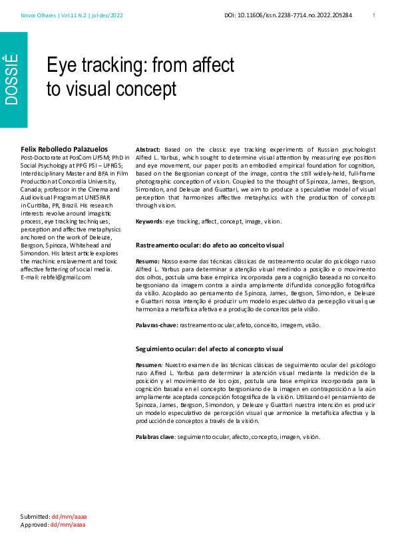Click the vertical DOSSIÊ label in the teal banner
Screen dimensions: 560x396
(x=11, y=79)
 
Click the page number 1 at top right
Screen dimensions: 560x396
(x=373, y=15)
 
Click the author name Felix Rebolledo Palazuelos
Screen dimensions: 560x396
(x=64, y=149)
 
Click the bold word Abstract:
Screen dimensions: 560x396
(x=148, y=150)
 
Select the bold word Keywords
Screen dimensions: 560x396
(x=148, y=221)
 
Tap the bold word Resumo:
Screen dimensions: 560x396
(x=147, y=262)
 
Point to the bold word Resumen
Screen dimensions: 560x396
(x=147, y=365)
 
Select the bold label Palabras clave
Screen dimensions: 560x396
(x=155, y=436)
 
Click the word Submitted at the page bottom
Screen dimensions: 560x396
(x=35, y=516)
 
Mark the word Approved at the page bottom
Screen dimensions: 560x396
(x=34, y=524)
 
